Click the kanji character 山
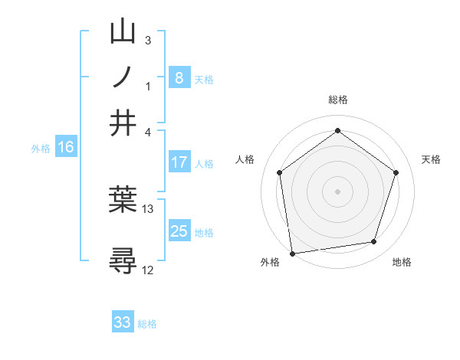tap(123, 32)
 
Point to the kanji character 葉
tap(123, 200)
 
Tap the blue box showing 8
tap(179, 77)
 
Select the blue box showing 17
tap(179, 162)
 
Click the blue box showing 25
tap(179, 231)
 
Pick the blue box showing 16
tap(65, 148)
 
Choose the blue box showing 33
tap(123, 322)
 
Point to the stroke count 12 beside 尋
tap(148, 270)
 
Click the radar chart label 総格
tap(338, 100)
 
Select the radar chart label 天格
tap(432, 159)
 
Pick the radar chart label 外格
tap(270, 262)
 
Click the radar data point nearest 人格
tap(280, 172)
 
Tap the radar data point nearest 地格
tap(374, 242)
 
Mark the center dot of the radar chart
tap(338, 191)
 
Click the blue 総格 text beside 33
tap(147, 324)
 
